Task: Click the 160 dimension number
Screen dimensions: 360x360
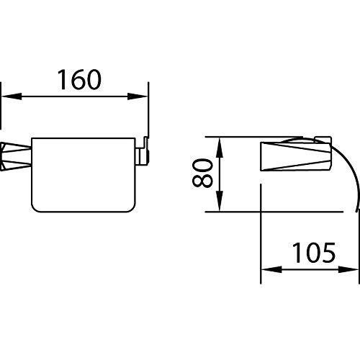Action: pos(79,79)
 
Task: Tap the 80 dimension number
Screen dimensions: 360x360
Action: pos(202,174)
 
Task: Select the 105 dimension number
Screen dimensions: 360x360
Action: pos(314,253)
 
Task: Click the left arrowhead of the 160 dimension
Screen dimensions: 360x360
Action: pos(12,96)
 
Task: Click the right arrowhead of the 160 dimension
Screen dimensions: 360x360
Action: pos(138,96)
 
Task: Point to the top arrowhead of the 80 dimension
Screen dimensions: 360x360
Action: pos(220,148)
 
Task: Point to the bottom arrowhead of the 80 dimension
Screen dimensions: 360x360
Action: pos(220,201)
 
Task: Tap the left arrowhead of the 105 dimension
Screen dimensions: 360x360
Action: pos(271,269)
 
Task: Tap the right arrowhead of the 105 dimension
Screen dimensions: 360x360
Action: pos(348,269)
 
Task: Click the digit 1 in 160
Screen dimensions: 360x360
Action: pos(62,80)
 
